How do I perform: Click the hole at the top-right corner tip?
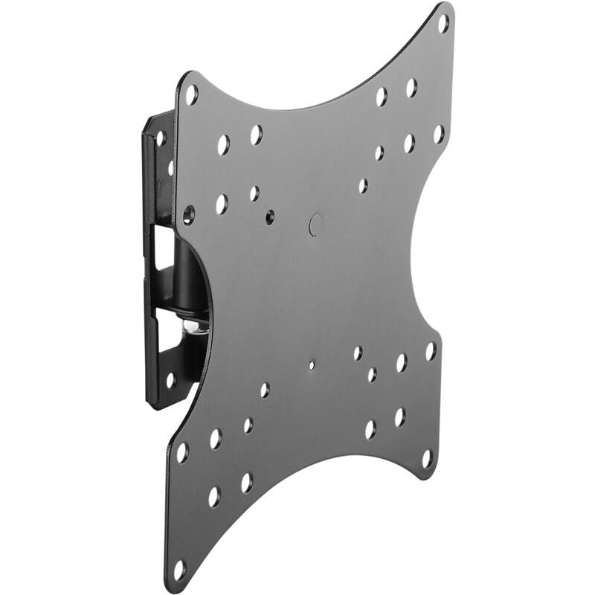pos(443,22)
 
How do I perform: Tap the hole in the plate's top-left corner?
pos(191,94)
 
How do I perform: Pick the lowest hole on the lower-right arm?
pos(427,458)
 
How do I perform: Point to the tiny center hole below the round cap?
pos(311,365)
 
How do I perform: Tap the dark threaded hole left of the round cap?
pos(269,217)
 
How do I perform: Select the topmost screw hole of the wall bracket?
pos(161,138)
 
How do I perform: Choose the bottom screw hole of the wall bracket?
pos(170,379)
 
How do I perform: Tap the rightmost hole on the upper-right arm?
pos(438,135)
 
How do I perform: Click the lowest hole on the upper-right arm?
pos(363,185)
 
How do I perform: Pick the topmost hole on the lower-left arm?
pos(265,390)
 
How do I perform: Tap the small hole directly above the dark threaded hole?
pos(255,193)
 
